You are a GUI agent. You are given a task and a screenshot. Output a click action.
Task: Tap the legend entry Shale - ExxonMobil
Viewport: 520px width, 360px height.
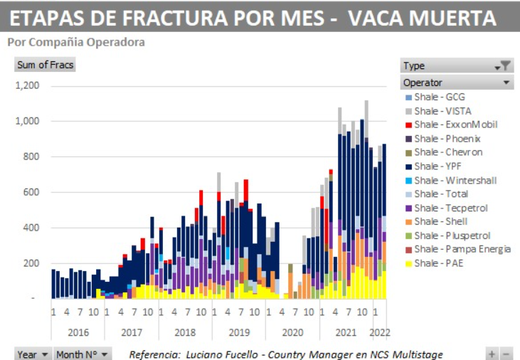pos(455,125)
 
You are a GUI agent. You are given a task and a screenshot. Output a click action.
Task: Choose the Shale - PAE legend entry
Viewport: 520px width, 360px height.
pos(437,263)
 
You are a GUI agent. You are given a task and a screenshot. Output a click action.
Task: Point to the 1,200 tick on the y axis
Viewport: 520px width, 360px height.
pos(28,86)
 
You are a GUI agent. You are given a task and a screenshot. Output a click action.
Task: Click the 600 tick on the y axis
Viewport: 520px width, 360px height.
pos(31,192)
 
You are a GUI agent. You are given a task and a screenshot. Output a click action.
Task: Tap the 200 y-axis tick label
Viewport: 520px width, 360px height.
pos(31,263)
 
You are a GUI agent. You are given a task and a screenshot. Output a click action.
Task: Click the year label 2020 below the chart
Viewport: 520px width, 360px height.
pos(292,332)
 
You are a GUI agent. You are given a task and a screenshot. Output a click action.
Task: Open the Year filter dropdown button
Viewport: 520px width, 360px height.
pos(33,354)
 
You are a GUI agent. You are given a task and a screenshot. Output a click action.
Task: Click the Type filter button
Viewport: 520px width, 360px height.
pos(456,65)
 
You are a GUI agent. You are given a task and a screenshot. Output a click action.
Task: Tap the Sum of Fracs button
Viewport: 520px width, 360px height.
pos(45,65)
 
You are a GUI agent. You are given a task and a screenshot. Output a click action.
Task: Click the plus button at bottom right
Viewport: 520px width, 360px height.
pos(492,354)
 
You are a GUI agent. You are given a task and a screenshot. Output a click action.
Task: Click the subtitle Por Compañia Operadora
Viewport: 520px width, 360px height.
pos(76,42)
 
